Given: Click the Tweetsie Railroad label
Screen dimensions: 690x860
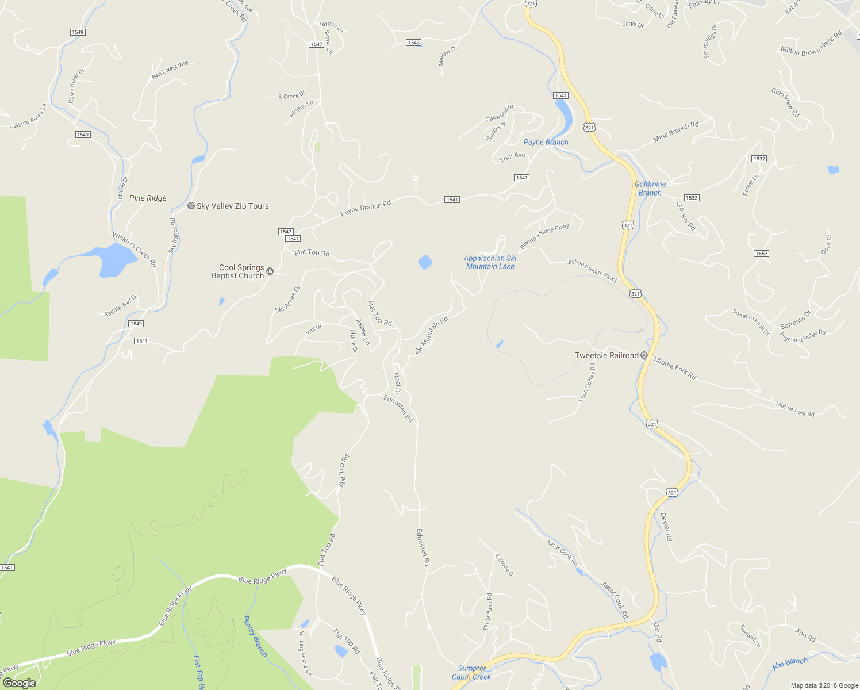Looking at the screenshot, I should click(606, 355).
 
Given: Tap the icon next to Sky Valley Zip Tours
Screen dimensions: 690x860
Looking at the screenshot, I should click(191, 206).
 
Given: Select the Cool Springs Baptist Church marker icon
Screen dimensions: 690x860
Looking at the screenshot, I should click(270, 271).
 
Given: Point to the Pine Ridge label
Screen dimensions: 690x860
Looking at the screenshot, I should click(148, 198).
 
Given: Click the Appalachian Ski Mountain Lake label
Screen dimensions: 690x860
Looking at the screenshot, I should click(490, 262).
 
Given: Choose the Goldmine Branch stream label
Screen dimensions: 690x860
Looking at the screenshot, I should click(650, 189).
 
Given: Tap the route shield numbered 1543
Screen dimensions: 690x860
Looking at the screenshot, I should click(413, 43).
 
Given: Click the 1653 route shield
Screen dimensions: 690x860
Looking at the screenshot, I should click(761, 254).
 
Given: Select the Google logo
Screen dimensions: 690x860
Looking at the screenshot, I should click(19, 683).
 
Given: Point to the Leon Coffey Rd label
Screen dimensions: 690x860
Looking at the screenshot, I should click(587, 382).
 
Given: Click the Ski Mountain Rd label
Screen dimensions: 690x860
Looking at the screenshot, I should click(431, 335).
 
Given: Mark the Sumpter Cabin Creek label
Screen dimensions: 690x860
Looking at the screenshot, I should click(471, 672).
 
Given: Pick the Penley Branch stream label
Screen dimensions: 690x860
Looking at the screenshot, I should click(255, 636).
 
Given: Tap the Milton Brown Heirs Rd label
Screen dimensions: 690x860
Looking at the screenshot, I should click(811, 44).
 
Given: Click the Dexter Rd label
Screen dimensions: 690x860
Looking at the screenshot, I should click(666, 527).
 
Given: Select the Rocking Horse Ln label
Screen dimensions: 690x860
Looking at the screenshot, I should click(305, 653).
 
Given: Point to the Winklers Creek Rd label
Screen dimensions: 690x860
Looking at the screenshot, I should click(134, 250).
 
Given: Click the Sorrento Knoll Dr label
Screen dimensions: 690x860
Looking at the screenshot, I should click(751, 322).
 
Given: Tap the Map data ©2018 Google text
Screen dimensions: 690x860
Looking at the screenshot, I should click(824, 685).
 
